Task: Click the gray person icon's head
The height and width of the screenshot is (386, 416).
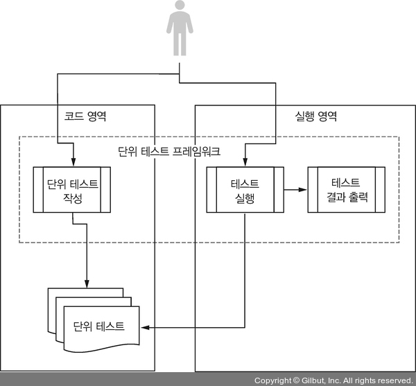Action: (179, 8)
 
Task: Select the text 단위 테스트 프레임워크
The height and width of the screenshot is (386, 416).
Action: (170, 150)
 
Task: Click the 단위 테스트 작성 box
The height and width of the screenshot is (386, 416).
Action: (72, 190)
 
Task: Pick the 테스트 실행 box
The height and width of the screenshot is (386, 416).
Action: (244, 190)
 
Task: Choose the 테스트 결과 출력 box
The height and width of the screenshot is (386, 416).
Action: (346, 190)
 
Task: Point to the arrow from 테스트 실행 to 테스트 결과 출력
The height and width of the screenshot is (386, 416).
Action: (294, 190)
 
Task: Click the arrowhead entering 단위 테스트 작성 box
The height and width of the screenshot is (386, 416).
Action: (72, 162)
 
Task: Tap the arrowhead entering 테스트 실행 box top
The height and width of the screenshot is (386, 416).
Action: (245, 162)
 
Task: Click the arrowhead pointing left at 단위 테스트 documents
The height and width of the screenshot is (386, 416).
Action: (145, 326)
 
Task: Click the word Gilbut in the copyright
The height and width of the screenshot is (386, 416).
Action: (315, 380)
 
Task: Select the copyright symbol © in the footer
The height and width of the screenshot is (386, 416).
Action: (295, 380)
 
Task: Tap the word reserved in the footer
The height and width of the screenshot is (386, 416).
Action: (395, 380)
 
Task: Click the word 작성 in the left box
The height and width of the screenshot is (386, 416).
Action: (72, 198)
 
